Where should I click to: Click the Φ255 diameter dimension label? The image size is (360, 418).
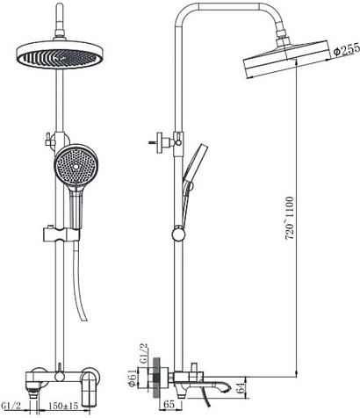coord(347,50)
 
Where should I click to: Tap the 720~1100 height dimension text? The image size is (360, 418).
coord(290,218)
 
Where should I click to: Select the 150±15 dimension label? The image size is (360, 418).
coord(63,406)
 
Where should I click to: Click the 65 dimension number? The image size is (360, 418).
coord(169,405)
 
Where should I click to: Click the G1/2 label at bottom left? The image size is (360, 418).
coord(11,406)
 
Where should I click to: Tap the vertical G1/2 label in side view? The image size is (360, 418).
coord(144,354)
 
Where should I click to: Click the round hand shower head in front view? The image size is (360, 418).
coord(76,166)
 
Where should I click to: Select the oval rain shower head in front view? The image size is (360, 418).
coord(60,55)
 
